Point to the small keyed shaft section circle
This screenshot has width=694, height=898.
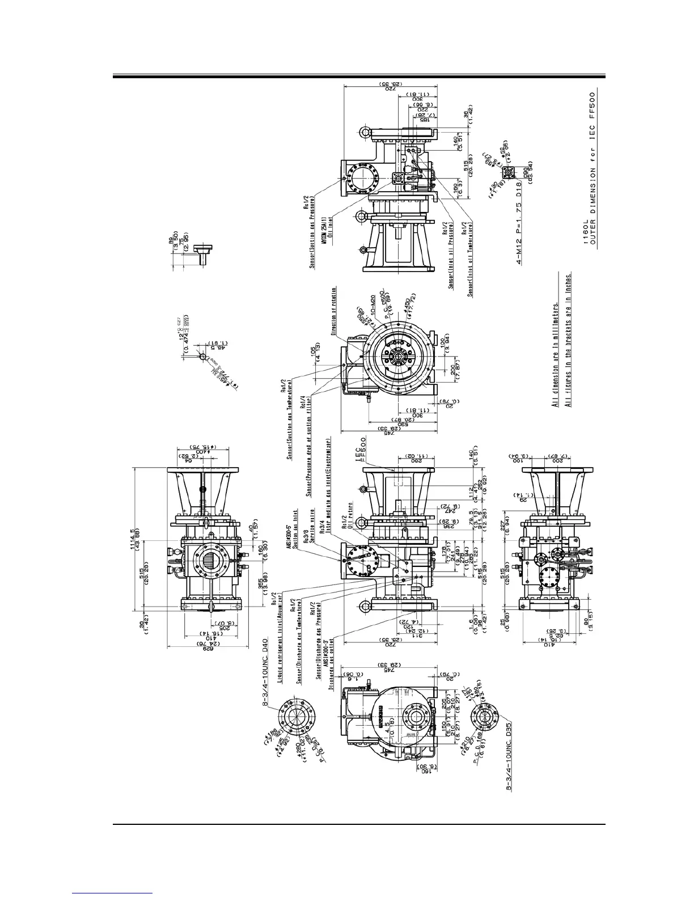pos(202,357)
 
